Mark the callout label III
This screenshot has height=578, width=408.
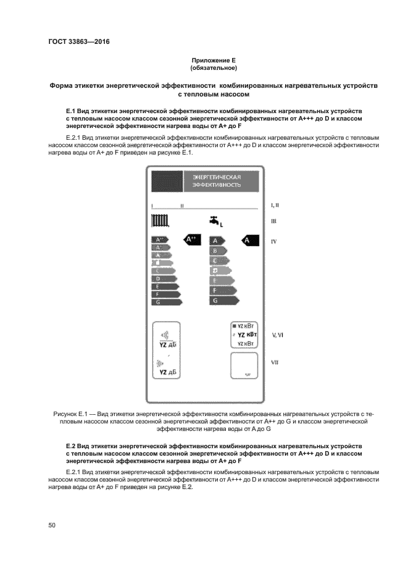(x=273, y=221)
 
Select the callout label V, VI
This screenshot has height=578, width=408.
(x=277, y=334)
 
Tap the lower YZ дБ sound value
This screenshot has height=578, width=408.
(x=167, y=373)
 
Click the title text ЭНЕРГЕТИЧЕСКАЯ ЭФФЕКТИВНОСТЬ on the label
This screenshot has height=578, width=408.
(x=216, y=181)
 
